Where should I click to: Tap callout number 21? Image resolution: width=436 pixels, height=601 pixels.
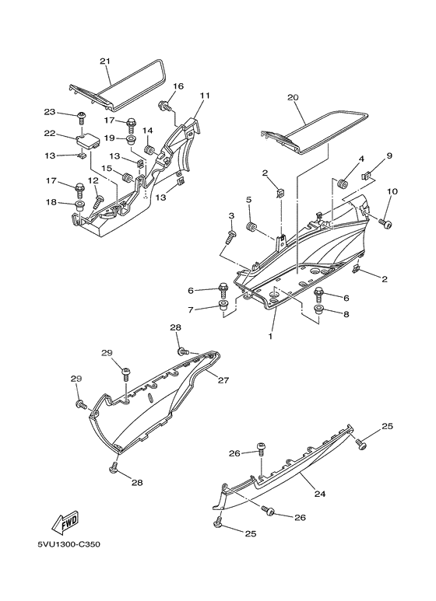click(105, 61)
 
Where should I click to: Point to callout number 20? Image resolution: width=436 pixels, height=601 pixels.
click(292, 98)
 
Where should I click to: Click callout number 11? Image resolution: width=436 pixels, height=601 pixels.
click(205, 96)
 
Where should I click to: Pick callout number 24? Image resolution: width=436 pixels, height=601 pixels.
click(318, 492)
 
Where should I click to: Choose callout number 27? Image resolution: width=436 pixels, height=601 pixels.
click(223, 381)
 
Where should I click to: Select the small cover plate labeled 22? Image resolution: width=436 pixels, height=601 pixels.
click(89, 141)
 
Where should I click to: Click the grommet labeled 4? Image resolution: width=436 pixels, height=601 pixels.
click(340, 183)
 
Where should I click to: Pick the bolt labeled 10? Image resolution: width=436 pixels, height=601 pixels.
click(385, 222)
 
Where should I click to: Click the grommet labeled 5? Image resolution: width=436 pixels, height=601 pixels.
click(251, 226)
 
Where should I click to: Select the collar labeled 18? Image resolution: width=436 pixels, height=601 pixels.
click(79, 205)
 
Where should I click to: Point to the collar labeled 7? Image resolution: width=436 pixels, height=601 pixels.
click(223, 308)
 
